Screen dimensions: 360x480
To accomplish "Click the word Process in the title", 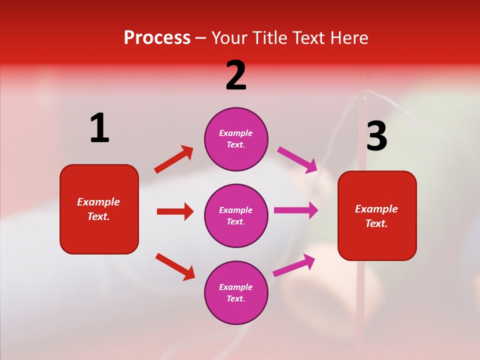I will (157, 38).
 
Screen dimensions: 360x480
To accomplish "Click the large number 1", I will (99, 128).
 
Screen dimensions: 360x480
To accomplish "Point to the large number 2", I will (236, 75).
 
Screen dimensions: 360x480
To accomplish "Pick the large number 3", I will (377, 136).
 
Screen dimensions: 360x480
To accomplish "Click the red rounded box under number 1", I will (99, 209).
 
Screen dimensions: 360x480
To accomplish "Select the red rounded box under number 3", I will (377, 216).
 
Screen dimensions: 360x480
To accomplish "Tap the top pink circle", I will (236, 139).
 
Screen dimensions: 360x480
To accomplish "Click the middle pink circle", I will (236, 215).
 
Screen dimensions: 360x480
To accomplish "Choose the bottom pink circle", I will (236, 292).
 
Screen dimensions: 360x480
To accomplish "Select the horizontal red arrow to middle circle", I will (175, 211).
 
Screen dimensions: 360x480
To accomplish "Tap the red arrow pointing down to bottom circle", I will (175, 266).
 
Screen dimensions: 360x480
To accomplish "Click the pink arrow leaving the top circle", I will (297, 160).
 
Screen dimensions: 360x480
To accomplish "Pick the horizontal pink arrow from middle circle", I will (296, 210).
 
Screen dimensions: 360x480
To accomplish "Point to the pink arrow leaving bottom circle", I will (294, 265).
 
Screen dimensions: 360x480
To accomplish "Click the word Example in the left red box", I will (98, 202).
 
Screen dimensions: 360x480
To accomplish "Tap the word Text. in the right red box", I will (376, 223).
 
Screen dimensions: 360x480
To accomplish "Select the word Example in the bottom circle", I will (236, 287).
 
